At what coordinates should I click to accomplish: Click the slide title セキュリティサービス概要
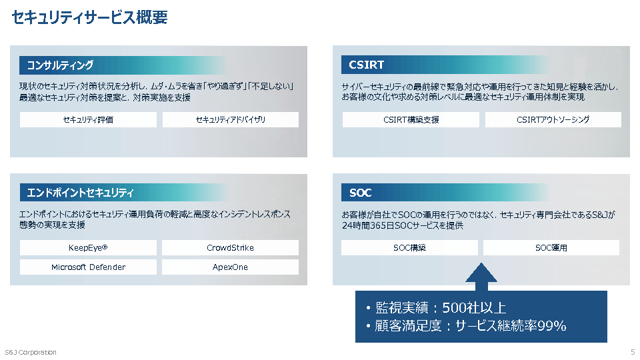(90, 17)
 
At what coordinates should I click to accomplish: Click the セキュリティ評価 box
(88, 119)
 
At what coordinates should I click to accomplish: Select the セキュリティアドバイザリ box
(231, 119)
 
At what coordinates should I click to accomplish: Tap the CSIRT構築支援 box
(411, 119)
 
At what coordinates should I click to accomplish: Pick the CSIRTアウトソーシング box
(553, 119)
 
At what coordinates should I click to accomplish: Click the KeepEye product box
(88, 248)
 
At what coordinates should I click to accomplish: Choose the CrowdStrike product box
(230, 248)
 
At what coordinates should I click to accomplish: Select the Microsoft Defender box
(88, 267)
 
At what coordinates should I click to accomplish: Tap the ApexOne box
(230, 267)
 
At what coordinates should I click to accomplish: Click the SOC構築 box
(409, 248)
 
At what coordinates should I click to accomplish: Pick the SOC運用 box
(551, 248)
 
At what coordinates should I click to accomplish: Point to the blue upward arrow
(481, 277)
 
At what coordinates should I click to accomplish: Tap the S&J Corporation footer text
(31, 352)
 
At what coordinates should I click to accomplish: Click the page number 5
(633, 352)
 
